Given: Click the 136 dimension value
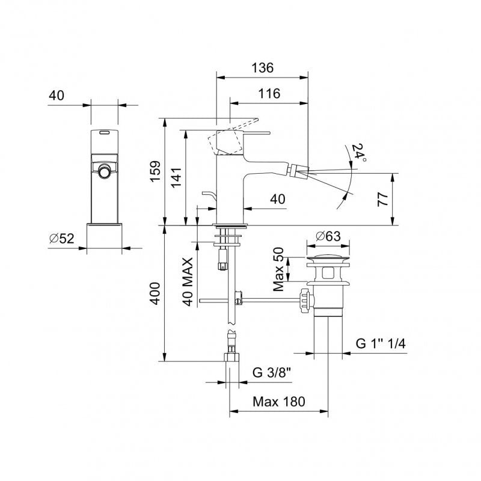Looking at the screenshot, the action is pyautogui.click(x=262, y=68).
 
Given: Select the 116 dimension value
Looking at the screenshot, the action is pyautogui.click(x=269, y=94).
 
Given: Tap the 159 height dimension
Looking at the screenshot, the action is pyautogui.click(x=156, y=171).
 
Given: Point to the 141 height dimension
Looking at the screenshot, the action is pyautogui.click(x=176, y=177).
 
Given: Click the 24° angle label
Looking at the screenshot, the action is pyautogui.click(x=358, y=153).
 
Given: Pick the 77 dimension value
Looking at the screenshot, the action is pyautogui.click(x=383, y=199).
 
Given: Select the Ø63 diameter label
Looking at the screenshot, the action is pyautogui.click(x=328, y=236).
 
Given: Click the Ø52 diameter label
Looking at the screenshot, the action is pyautogui.click(x=62, y=238).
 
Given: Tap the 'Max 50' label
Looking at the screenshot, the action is pyautogui.click(x=278, y=269).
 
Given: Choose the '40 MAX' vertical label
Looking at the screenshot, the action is pyautogui.click(x=188, y=281).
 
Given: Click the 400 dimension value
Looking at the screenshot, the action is pyautogui.click(x=155, y=293).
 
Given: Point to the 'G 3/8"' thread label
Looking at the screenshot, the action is pyautogui.click(x=272, y=373).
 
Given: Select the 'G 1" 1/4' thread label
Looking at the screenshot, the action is pyautogui.click(x=381, y=343).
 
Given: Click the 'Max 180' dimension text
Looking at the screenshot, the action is pyautogui.click(x=279, y=402).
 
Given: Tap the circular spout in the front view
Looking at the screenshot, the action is pyautogui.click(x=104, y=172).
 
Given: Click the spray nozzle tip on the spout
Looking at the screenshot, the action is pyautogui.click(x=299, y=170).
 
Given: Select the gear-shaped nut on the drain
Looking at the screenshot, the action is pyautogui.click(x=307, y=299).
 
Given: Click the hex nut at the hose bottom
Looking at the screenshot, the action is pyautogui.click(x=231, y=357).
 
